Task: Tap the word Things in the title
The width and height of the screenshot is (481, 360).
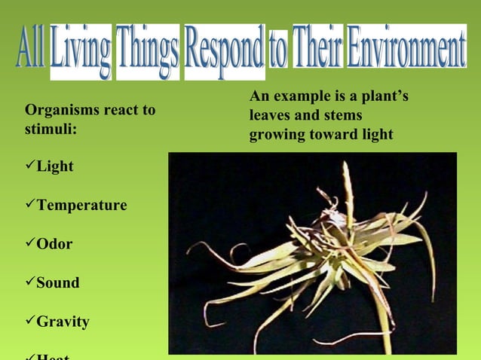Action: (148, 50)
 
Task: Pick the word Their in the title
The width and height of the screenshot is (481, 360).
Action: (317, 48)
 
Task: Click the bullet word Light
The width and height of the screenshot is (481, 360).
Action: (55, 166)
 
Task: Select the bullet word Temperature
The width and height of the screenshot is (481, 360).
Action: (81, 206)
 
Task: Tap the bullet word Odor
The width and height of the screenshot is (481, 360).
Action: (54, 245)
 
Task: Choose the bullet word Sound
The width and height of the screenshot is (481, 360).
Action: (57, 283)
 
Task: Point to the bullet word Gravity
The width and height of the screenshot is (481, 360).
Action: (63, 322)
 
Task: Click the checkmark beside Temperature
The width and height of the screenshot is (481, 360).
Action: (30, 205)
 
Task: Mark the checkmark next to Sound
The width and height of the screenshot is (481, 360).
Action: (30, 282)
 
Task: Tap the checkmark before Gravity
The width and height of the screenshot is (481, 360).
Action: (30, 322)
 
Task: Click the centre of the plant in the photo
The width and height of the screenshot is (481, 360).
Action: (332, 252)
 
